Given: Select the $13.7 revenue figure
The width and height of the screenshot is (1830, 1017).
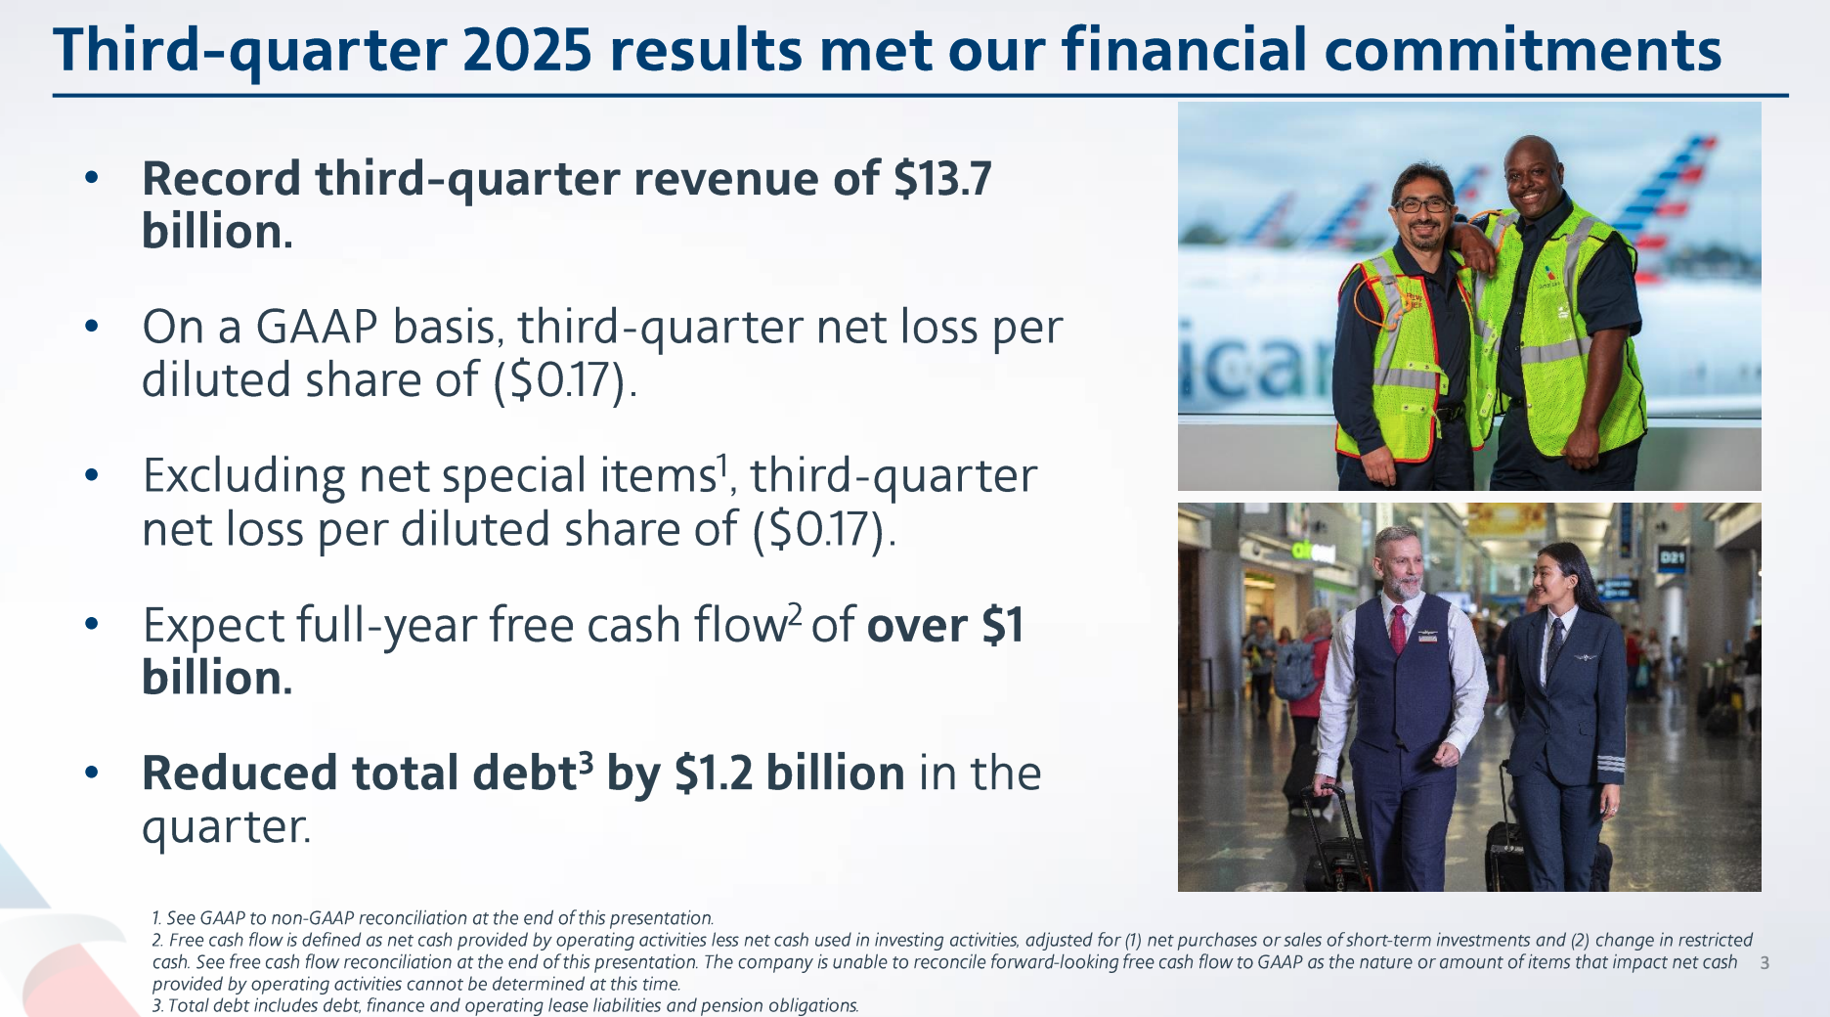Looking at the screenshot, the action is pos(942,179).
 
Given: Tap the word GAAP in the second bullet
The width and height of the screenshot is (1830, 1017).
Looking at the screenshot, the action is pos(317,327).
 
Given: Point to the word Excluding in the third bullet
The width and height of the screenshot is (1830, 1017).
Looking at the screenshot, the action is pos(244,477).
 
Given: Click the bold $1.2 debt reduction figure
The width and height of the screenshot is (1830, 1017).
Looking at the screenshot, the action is pos(714,774).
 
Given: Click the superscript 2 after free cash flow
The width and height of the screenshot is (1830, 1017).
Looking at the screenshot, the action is pos(796,612).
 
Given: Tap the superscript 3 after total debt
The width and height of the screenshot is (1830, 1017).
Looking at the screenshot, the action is pos(586,761).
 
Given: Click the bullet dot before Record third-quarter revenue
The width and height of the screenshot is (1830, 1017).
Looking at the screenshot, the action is pos(92,178).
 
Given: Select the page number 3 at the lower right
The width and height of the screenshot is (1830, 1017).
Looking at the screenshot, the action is pos(1765,963).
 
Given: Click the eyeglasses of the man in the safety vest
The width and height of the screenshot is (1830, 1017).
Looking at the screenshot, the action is pos(1421,205).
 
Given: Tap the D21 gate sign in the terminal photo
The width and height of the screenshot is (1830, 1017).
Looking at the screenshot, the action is pos(1673,558).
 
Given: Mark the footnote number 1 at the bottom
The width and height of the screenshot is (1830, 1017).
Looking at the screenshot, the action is pos(155,918).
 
